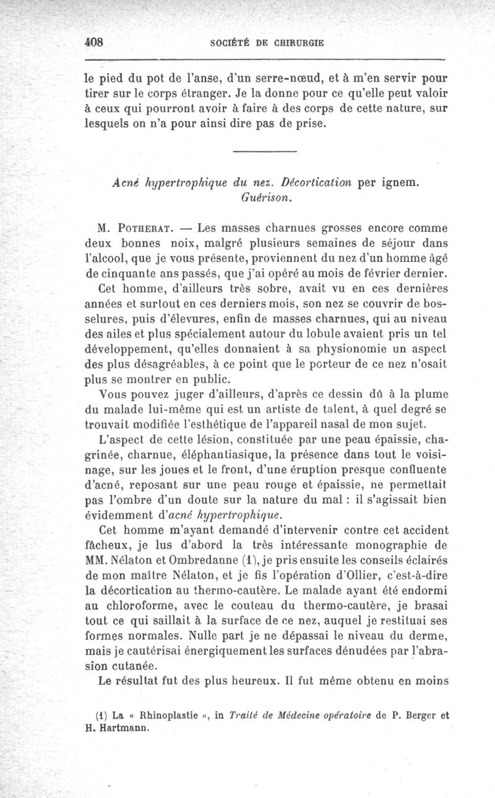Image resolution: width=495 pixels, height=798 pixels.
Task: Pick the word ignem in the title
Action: (x=398, y=184)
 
